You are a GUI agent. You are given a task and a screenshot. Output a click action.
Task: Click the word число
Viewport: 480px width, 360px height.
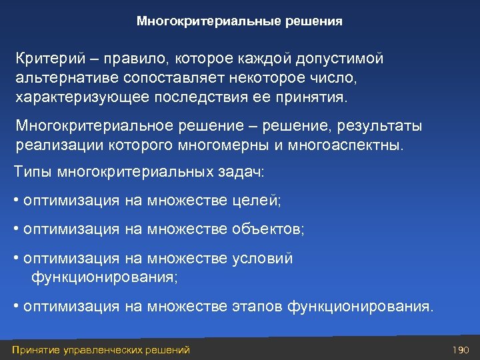tap(333, 78)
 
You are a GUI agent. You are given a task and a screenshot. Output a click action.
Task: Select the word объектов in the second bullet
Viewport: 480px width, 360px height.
tap(268, 229)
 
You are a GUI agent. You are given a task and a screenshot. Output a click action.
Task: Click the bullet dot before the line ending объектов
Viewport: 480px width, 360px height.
tap(16, 229)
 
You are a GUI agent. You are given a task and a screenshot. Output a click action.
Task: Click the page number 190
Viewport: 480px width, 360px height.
tap(461, 350)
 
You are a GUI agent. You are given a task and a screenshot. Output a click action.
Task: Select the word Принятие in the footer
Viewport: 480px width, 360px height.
tap(33, 350)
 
